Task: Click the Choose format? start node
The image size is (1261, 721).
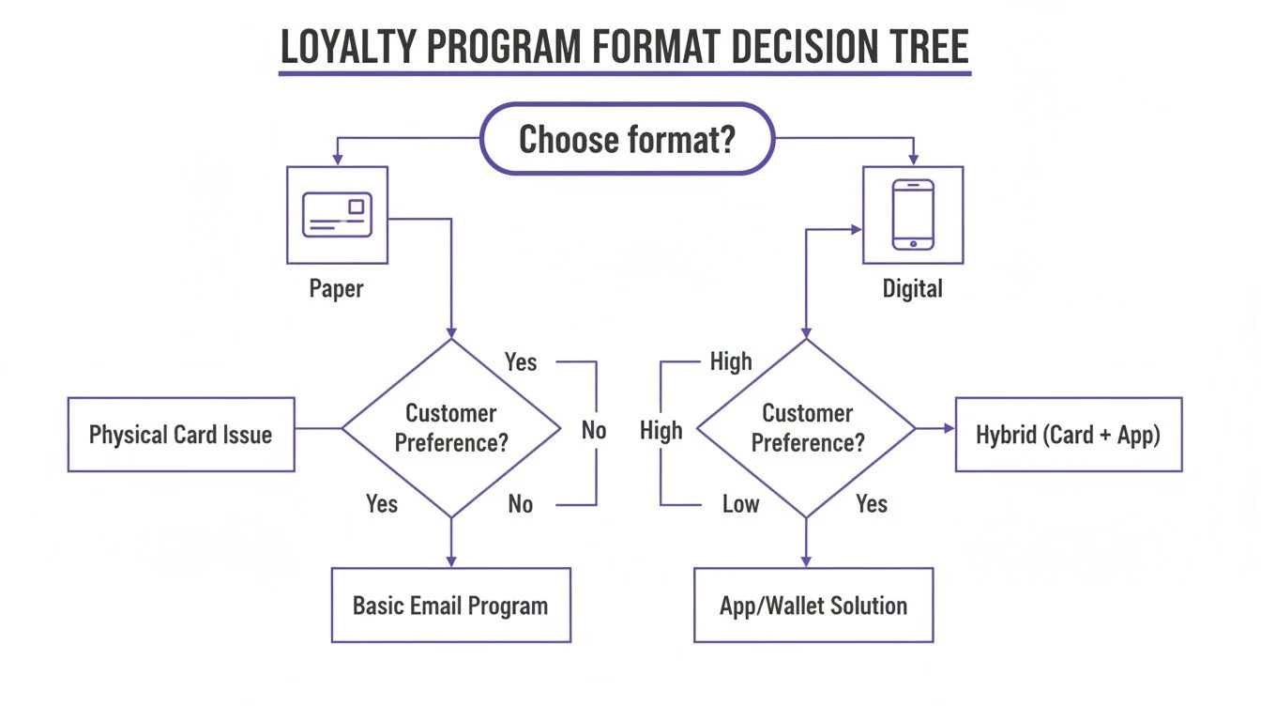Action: [x=627, y=139]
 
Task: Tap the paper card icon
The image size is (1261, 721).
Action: [x=337, y=215]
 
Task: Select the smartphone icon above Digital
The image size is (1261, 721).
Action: [x=913, y=215]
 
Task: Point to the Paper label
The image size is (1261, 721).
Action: [x=336, y=288]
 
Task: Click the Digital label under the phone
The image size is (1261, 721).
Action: [x=912, y=288]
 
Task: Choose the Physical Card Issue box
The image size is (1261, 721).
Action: [x=181, y=434]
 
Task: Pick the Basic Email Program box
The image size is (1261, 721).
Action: [x=450, y=605]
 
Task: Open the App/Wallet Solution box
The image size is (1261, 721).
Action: [x=813, y=605]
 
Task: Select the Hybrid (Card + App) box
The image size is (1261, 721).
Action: [x=1068, y=434]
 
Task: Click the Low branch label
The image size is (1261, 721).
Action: [x=740, y=504]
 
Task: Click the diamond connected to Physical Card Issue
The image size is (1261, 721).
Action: [x=451, y=428]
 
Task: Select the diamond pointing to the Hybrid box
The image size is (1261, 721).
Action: [x=807, y=428]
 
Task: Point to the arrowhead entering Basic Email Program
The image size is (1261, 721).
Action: [x=451, y=561]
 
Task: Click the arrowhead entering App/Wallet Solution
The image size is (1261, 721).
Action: [x=806, y=561]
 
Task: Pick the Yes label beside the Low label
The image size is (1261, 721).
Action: [x=872, y=504]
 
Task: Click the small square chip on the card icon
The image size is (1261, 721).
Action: [x=357, y=206]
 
